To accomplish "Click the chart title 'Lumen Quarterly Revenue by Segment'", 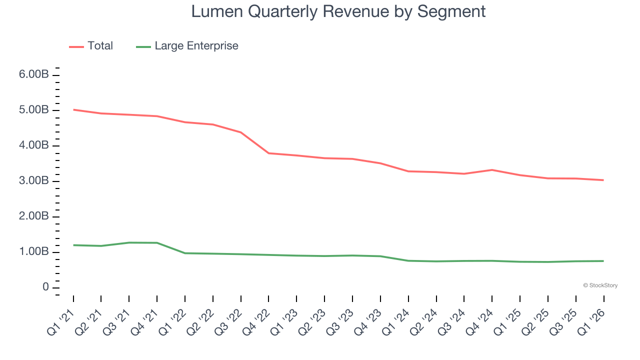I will tap(338, 11).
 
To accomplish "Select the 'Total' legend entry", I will tap(100, 46).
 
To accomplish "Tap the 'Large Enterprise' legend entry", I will tap(196, 46).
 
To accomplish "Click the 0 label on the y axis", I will tap(45, 287).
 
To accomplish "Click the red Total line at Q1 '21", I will tap(73, 109).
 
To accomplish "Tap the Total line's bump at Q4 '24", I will tap(492, 170).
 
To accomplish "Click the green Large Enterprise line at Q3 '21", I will tap(129, 242).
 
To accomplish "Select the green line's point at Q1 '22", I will tap(185, 253).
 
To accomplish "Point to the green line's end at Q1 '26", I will tap(603, 261).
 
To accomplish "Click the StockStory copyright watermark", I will tap(600, 285).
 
